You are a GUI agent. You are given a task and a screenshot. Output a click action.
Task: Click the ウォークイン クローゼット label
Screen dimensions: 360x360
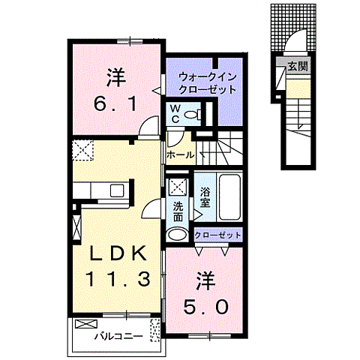point(207,82)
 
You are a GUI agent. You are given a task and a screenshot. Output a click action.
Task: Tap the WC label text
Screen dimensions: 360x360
point(174,114)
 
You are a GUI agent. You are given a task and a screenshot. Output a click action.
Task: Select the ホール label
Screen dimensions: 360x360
point(180,155)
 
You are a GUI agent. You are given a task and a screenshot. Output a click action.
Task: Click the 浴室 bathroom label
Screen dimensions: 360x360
point(204,197)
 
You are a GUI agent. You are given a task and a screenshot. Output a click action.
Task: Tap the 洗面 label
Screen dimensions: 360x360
point(178,211)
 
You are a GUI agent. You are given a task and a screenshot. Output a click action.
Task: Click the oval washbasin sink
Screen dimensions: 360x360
point(178,235)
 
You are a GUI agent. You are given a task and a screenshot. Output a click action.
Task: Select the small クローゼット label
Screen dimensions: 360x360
point(218,235)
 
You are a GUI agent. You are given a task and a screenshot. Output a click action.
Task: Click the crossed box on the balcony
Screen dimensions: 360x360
point(86,325)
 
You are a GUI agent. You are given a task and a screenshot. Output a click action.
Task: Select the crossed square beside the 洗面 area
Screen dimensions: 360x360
point(178,187)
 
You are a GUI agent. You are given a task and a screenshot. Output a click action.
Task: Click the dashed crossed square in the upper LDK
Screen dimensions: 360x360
point(82,150)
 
